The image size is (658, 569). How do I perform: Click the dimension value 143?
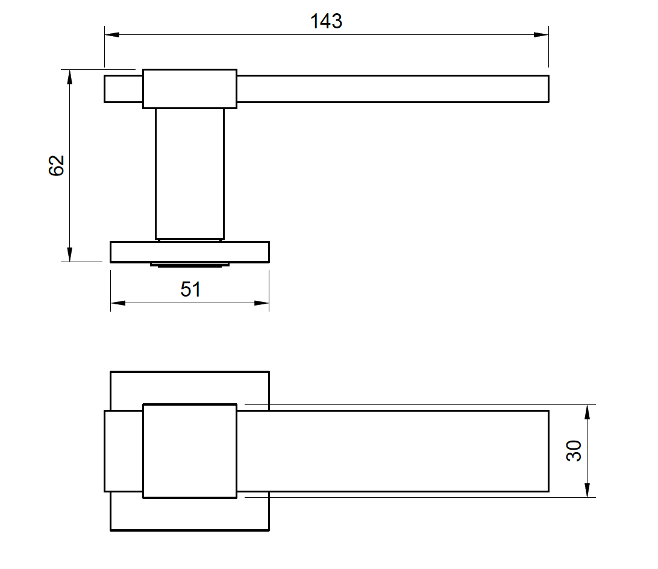[x=326, y=21]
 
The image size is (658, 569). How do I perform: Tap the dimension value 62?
[x=57, y=165]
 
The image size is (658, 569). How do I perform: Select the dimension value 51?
[x=190, y=289]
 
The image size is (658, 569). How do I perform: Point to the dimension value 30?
[x=575, y=451]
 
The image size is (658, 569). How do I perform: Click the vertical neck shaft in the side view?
[x=190, y=173]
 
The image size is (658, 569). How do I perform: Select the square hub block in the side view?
[x=190, y=89]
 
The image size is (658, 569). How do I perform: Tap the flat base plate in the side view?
[x=190, y=252]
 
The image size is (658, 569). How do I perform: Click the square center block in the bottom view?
[x=190, y=451]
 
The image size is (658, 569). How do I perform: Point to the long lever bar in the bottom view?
[x=392, y=451]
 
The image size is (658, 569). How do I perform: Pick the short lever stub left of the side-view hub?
[x=124, y=89]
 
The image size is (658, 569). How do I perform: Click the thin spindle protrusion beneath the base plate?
[x=190, y=265]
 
